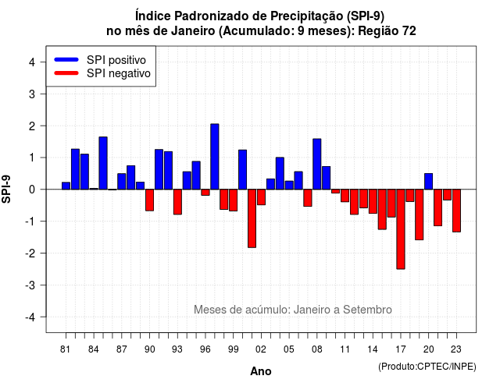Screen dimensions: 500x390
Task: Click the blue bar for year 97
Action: (215, 157)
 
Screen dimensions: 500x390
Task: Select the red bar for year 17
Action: (401, 229)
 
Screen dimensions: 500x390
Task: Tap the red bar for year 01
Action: (252, 218)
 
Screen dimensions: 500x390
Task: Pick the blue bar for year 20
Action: (429, 182)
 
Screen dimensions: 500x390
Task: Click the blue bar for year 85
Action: (103, 163)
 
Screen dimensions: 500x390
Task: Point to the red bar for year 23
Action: (456, 211)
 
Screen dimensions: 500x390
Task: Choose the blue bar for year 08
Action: (317, 164)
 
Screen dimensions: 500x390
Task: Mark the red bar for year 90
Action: (149, 200)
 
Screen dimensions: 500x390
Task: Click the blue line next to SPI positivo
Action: (66, 59)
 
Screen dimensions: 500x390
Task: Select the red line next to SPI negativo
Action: (66, 73)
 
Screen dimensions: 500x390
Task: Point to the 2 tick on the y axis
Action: (43, 126)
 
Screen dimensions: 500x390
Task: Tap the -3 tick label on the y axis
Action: (30, 285)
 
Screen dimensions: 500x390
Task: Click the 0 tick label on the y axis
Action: (32, 190)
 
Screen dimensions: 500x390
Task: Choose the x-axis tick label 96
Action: (205, 349)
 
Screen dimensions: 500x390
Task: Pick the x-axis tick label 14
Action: (373, 349)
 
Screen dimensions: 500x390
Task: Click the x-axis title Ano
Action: (261, 371)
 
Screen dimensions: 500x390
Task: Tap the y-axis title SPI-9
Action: (6, 189)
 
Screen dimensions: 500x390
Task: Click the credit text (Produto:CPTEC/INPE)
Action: (427, 367)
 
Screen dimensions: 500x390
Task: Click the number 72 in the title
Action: (409, 31)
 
